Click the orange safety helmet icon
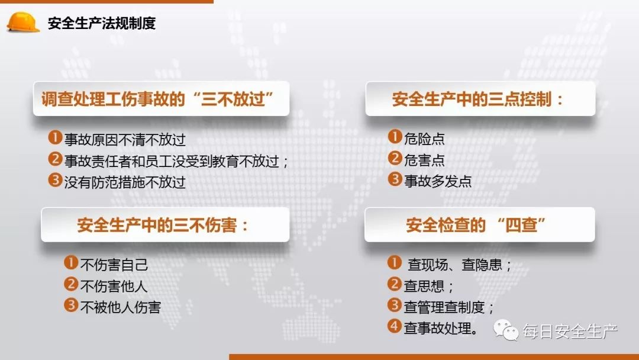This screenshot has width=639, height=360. point(23,22)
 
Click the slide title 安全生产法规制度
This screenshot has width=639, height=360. point(101,24)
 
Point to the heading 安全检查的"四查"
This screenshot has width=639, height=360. point(476,225)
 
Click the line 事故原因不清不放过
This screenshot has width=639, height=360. point(125,140)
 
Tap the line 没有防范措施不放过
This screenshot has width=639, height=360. point(125,182)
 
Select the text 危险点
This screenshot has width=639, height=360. point(424,139)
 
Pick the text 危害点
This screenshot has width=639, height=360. point(424,160)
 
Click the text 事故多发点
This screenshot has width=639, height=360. point(438,181)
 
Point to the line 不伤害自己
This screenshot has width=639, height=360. point(114,265)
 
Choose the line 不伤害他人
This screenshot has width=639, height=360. point(114,286)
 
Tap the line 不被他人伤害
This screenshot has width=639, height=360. point(120,307)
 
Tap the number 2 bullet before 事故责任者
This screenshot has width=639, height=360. point(55,160)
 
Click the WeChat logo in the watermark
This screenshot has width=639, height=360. point(507,331)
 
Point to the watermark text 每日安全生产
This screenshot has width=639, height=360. point(570,332)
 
